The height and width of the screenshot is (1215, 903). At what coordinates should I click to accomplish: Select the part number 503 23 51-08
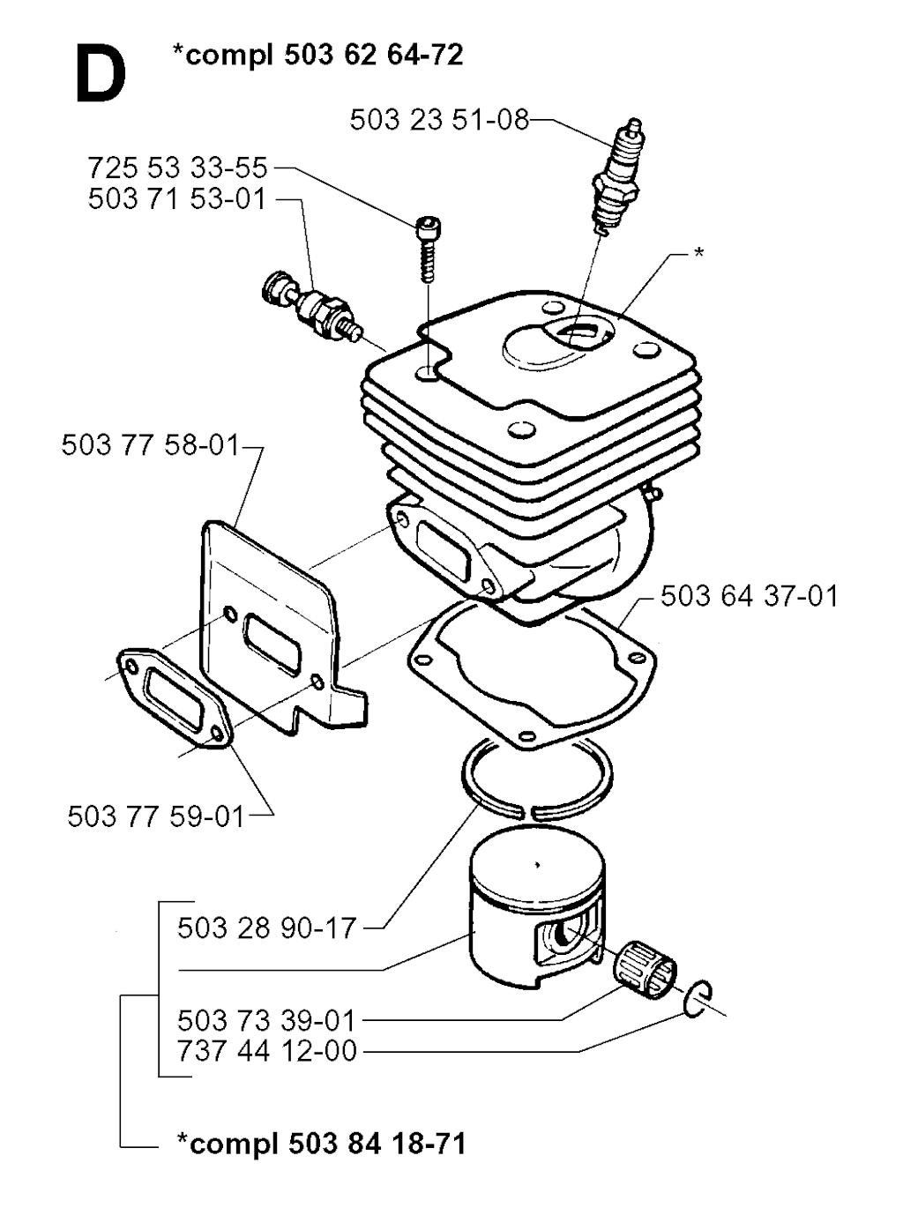pos(439,120)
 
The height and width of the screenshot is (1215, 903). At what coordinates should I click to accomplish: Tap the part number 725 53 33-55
pos(177,168)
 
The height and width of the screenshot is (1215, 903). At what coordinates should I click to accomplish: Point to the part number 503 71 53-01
pos(177,199)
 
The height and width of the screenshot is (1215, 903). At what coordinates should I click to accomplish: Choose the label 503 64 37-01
pos(750,595)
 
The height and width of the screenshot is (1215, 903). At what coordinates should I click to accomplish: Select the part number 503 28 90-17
pos(267,928)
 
